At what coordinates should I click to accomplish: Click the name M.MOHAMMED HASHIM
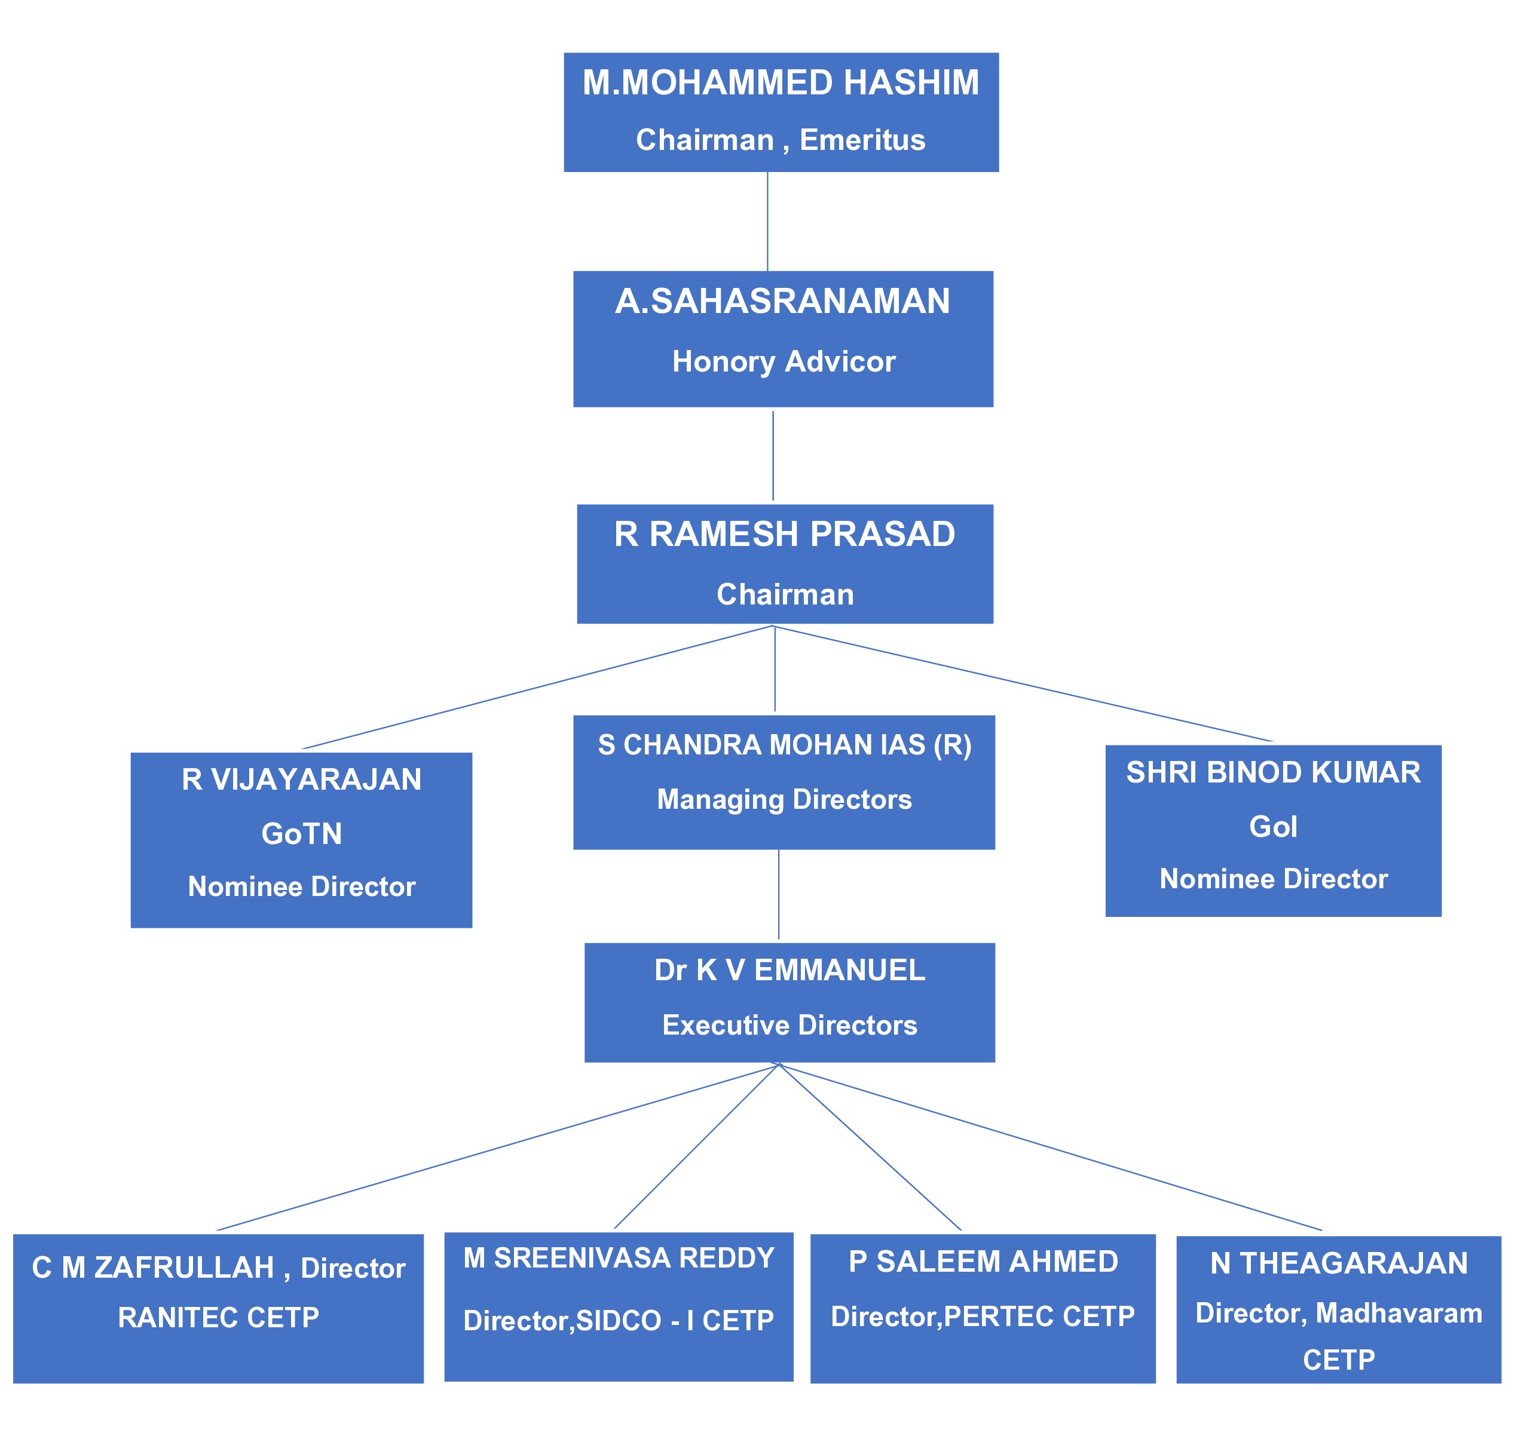[781, 83]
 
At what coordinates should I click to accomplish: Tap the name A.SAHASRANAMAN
[782, 301]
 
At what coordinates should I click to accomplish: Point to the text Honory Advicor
[783, 362]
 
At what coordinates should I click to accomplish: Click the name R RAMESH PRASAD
[784, 534]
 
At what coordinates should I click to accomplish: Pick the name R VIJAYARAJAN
[301, 780]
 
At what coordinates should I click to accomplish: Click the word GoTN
[301, 834]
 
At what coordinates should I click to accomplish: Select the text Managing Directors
[784, 799]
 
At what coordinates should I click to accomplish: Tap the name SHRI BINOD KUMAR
[1272, 772]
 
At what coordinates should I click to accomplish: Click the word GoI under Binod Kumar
[1272, 826]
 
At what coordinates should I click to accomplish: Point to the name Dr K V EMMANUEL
[789, 970]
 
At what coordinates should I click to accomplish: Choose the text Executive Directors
[789, 1026]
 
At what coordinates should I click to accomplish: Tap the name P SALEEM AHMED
[983, 1262]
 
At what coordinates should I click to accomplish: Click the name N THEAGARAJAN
[1339, 1263]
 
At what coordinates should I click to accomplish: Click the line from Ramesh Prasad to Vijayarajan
[537, 688]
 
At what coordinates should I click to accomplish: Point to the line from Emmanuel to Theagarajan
[1050, 1147]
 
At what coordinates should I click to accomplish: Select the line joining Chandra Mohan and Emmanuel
[779, 894]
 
